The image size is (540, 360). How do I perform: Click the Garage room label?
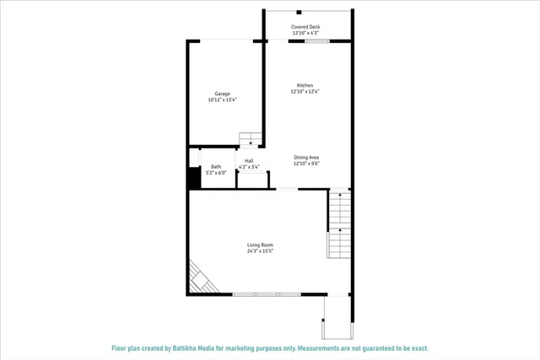[x=223, y=94]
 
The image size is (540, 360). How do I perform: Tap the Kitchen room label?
[x=305, y=85]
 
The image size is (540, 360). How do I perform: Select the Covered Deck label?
[x=305, y=27]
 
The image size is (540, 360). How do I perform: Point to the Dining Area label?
[x=305, y=157]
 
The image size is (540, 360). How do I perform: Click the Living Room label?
[x=260, y=244]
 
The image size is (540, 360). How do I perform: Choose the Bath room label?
[x=216, y=166]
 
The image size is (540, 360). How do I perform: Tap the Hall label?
[x=249, y=161]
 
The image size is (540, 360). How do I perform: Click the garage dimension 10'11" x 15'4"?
[x=223, y=99]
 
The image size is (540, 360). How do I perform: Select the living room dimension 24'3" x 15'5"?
[x=260, y=250]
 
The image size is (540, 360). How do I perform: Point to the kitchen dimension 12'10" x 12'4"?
[x=305, y=91]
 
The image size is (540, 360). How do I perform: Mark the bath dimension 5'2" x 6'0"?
[x=216, y=172]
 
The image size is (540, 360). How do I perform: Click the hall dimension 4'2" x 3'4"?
[x=249, y=167]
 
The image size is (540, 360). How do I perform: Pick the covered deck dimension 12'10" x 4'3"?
[x=305, y=33]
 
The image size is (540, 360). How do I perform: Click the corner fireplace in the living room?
[x=201, y=277]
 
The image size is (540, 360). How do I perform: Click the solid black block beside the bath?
[x=193, y=178]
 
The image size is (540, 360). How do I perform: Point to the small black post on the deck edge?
[x=300, y=12]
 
